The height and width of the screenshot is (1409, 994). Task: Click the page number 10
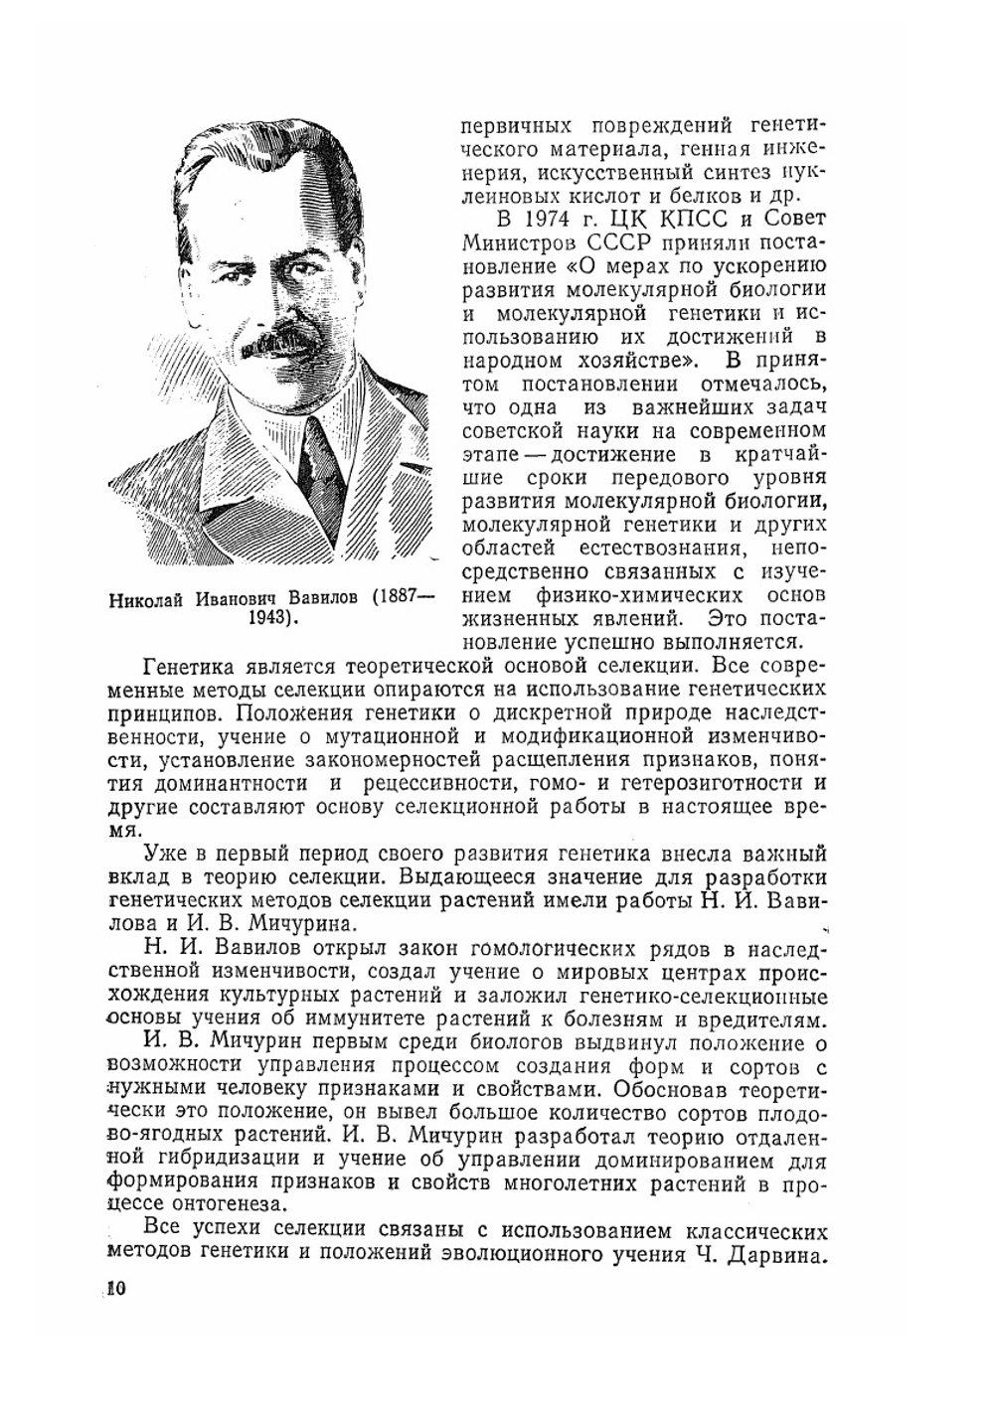(x=114, y=1289)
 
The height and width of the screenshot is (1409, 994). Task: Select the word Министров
(x=509, y=242)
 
